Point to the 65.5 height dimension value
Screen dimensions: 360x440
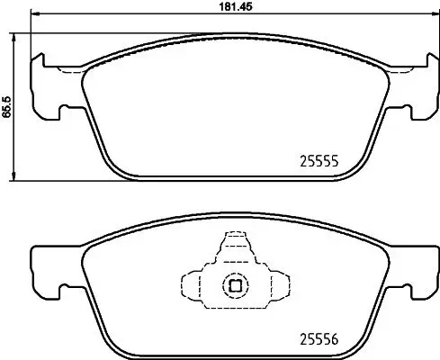click(7, 105)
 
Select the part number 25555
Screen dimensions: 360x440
click(318, 163)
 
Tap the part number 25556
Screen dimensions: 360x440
click(318, 339)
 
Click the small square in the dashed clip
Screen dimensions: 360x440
click(234, 286)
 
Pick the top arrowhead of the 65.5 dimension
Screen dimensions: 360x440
click(16, 36)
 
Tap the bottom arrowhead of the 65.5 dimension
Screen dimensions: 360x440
click(16, 175)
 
